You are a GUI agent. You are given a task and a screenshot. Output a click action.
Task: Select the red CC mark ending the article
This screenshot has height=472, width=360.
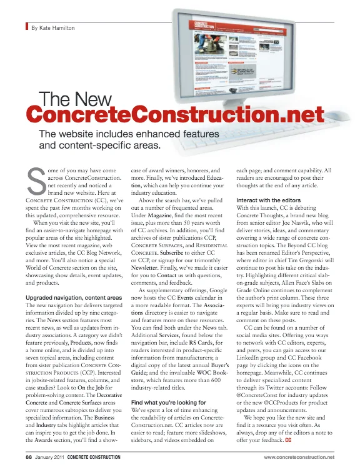pos(289,441)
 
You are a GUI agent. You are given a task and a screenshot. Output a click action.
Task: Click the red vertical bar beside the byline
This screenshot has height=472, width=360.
pos(27,27)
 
